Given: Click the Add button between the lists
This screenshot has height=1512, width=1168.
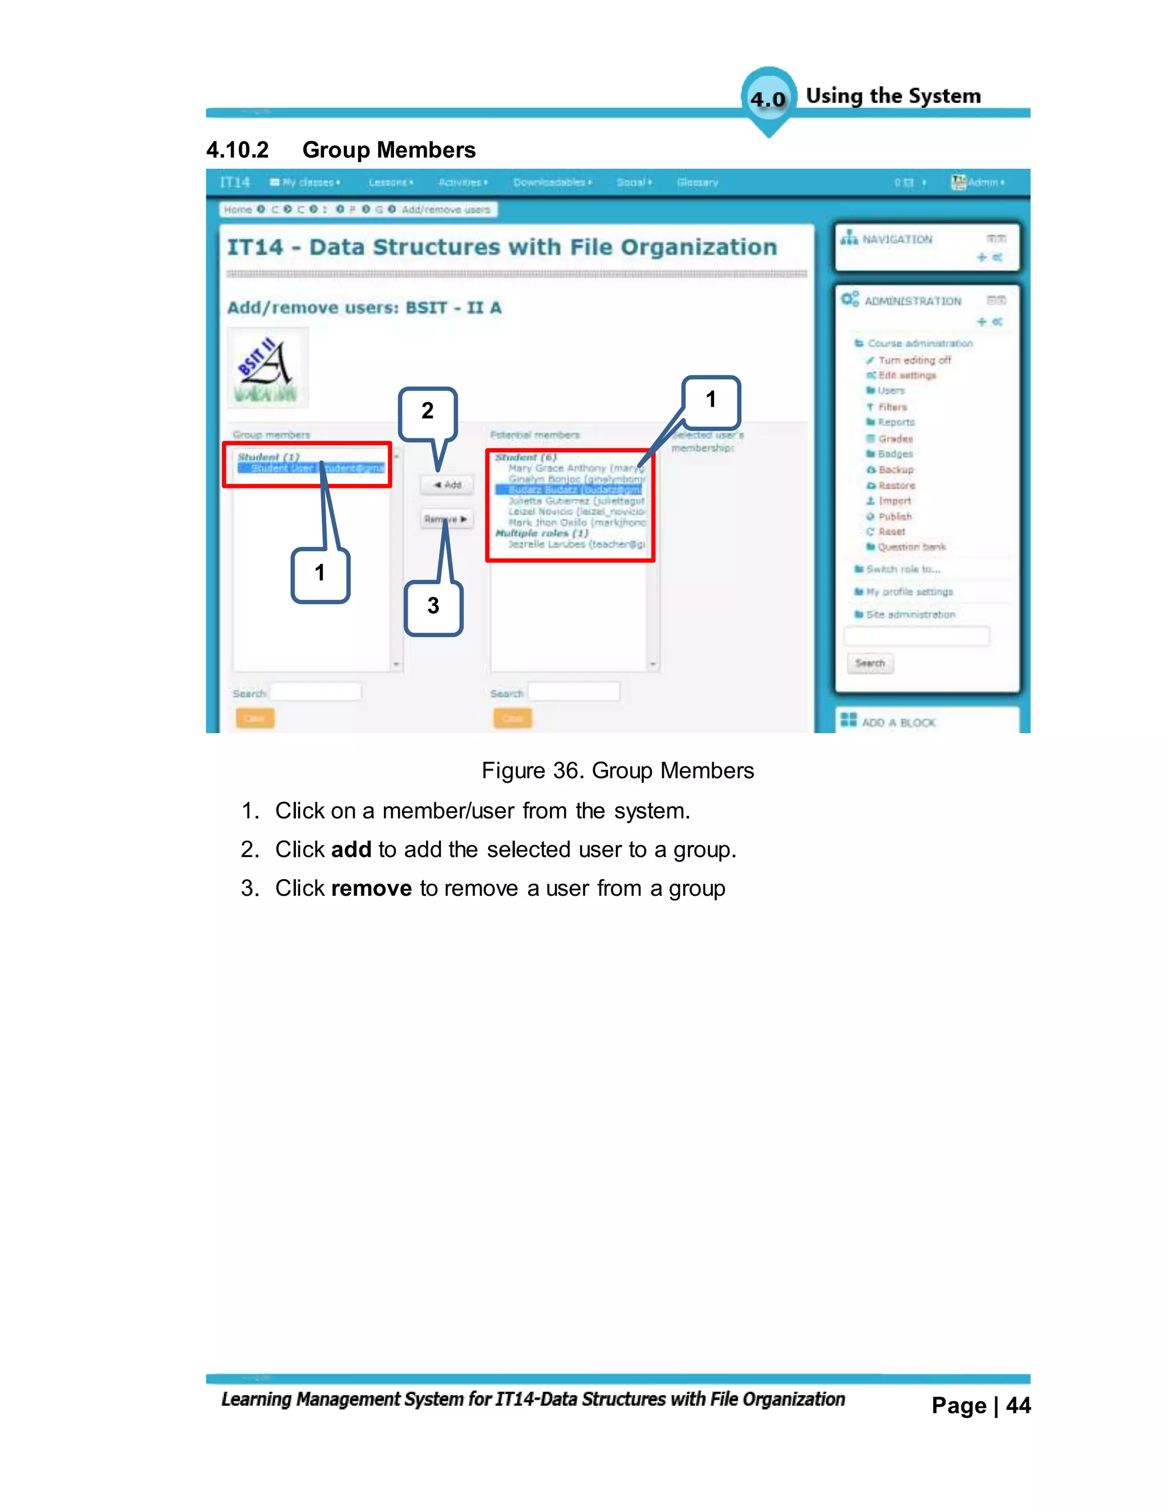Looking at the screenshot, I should (447, 484).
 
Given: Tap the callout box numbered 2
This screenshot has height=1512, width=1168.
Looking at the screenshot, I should (427, 412).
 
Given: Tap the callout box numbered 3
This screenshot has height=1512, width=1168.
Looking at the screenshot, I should (433, 607).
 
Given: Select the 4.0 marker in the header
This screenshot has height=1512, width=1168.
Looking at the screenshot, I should (768, 99).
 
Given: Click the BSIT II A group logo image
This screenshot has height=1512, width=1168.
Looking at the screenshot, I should (267, 369).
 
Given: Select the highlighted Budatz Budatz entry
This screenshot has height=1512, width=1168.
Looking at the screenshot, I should (574, 490).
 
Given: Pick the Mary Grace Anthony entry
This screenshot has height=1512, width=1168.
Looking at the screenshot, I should (574, 468).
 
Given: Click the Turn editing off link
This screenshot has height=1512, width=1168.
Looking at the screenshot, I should (914, 360).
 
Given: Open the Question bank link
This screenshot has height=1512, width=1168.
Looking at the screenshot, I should (911, 547).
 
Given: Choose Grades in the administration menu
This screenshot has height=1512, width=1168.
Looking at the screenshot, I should (895, 438).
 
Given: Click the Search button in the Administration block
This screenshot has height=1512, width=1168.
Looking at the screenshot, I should (870, 663).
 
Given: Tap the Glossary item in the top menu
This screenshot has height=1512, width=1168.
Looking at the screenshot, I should (697, 183).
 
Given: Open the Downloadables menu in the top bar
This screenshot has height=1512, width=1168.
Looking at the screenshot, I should (551, 183).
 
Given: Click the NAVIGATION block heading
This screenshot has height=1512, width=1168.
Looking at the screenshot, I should (897, 240).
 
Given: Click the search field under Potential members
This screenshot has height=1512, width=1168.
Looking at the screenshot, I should (574, 692).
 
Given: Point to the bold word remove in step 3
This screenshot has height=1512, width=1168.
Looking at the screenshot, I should (372, 889).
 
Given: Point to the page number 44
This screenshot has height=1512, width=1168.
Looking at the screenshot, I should (1018, 1405).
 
